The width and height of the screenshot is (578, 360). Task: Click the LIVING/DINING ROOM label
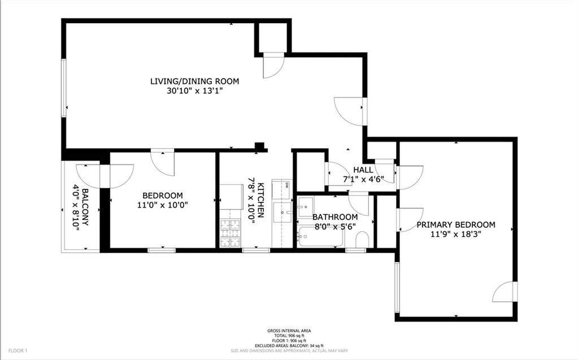pos(194,81)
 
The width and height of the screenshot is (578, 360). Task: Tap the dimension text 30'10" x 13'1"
pos(194,91)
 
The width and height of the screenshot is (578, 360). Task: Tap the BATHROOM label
pos(335,217)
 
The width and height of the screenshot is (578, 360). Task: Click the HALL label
pos(363,170)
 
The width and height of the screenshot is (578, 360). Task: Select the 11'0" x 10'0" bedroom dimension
pos(162,205)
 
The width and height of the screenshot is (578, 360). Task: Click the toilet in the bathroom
pos(362,241)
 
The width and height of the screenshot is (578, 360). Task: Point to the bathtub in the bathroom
pos(319,238)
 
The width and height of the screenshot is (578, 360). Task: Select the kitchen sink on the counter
pos(281,212)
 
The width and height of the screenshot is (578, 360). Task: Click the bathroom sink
pos(305,205)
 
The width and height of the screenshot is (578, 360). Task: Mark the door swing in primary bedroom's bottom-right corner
pos(505,292)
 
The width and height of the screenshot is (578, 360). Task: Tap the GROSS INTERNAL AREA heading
pos(289,331)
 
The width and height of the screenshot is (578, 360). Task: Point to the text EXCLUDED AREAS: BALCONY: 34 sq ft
pos(289,345)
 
